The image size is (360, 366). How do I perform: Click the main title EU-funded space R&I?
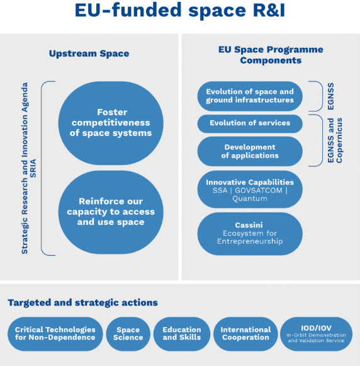tap(179, 11)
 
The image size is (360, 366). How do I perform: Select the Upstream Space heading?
tap(89, 54)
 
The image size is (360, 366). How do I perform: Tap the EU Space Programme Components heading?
tap(270, 55)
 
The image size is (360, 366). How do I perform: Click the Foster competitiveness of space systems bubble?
tap(110, 123)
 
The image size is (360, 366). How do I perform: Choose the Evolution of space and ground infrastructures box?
tap(250, 96)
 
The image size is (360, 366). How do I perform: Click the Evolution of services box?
tap(250, 123)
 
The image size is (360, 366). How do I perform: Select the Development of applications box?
tap(250, 151)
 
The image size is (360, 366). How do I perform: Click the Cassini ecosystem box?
tap(250, 233)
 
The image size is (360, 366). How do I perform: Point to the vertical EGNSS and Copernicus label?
tap(335, 140)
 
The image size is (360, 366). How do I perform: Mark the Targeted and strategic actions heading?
tap(82, 303)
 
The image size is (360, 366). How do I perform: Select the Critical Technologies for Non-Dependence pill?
tap(55, 333)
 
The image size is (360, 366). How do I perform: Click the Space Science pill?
tap(128, 333)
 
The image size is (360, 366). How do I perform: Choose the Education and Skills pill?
tap(181, 333)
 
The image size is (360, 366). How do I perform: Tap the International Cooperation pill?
tap(245, 333)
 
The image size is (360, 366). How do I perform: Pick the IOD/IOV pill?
tap(316, 333)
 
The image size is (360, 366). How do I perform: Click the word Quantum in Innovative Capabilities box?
tap(250, 198)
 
